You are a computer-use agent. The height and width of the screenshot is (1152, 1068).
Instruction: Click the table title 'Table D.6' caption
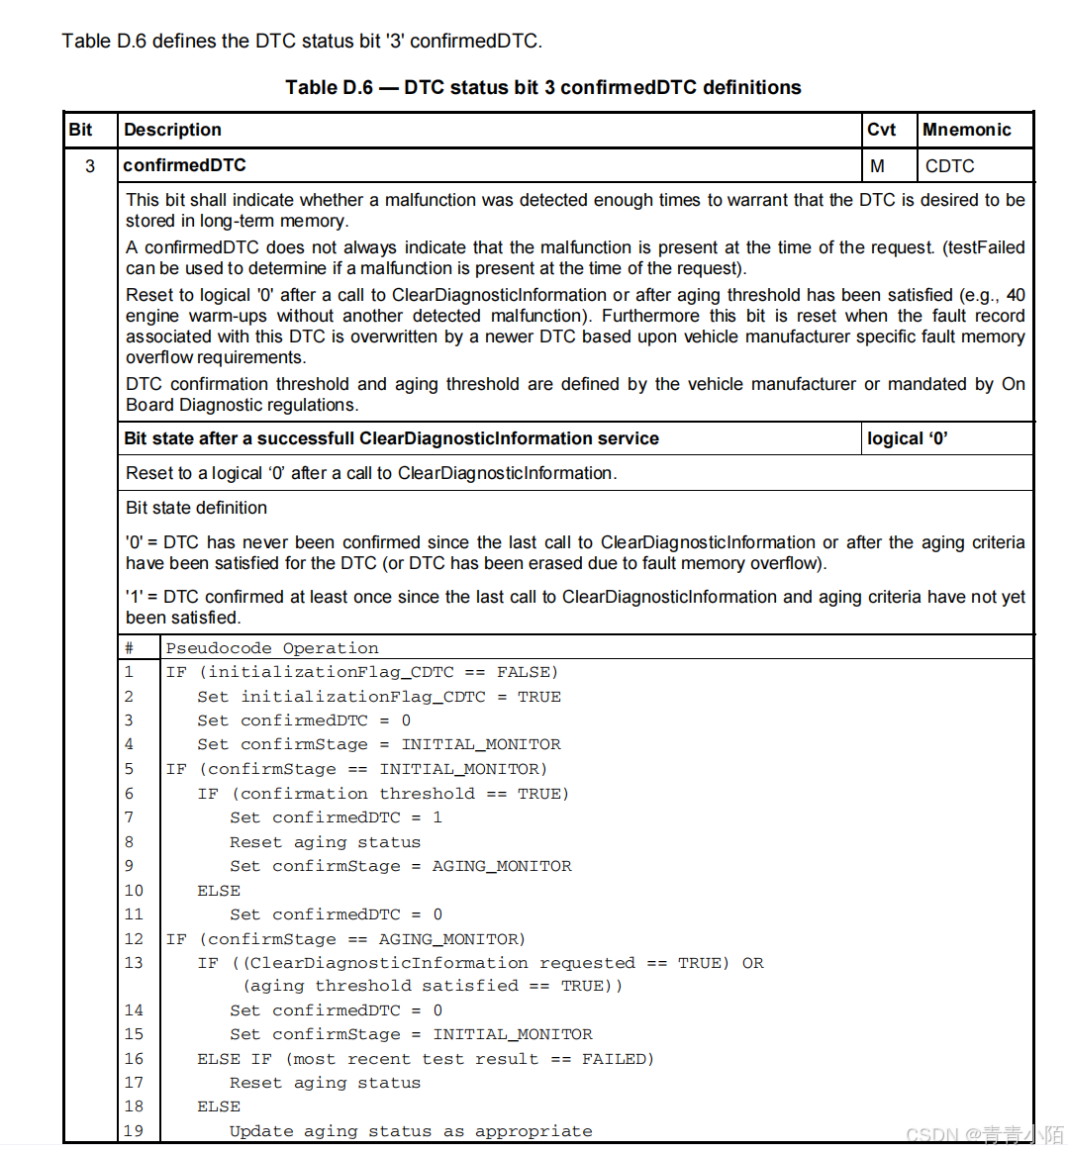click(x=542, y=87)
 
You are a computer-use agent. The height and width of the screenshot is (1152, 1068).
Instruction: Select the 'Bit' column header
click(x=81, y=130)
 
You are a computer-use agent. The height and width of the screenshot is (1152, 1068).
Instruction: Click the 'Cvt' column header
click(x=881, y=130)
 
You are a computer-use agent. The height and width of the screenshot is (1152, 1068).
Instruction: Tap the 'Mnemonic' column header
click(x=966, y=130)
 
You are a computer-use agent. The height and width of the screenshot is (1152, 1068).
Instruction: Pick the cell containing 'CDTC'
click(x=949, y=166)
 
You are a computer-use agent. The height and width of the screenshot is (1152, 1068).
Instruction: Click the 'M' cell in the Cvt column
click(x=877, y=166)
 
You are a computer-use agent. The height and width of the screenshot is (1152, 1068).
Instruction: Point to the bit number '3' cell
click(x=90, y=166)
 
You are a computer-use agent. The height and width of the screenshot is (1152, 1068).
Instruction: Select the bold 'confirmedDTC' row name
click(x=185, y=165)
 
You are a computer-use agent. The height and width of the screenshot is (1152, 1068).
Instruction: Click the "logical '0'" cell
click(x=907, y=438)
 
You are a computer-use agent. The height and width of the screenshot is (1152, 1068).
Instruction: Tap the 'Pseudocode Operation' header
click(x=272, y=648)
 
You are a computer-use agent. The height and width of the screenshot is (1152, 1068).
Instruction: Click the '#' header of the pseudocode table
click(x=129, y=648)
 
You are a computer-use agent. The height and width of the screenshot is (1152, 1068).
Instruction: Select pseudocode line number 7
click(x=129, y=817)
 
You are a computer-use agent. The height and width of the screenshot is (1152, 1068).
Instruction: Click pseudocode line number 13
click(x=134, y=963)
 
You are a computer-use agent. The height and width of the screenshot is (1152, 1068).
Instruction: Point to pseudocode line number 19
click(x=134, y=1131)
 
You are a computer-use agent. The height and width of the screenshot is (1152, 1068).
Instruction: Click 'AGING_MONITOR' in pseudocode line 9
click(x=502, y=866)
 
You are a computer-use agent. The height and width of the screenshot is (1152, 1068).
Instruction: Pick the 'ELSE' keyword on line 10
click(x=219, y=891)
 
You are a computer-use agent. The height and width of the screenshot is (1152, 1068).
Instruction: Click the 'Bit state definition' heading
click(x=196, y=508)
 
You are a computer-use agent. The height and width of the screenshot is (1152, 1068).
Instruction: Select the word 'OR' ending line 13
click(x=752, y=963)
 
